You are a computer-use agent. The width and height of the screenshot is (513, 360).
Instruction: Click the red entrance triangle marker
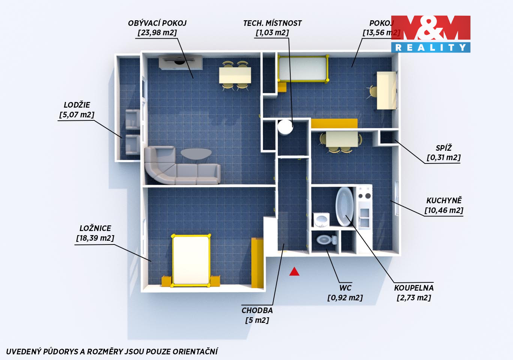pos(294,271)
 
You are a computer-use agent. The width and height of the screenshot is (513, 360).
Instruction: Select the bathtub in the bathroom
pos(344,207)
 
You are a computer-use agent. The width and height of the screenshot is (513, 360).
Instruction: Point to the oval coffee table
pos(196,154)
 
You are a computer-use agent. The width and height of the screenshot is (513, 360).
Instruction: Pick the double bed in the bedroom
pos(191,260)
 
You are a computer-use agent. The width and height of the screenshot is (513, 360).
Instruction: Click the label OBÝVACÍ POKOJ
pos(157,23)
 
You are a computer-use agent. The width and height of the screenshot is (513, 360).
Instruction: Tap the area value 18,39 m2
pos(95,238)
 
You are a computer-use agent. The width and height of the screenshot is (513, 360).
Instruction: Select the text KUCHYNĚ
pos(444,200)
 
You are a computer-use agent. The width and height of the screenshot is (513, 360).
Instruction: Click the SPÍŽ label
pos(444,148)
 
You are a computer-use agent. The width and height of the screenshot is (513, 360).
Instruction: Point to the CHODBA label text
pos(257,310)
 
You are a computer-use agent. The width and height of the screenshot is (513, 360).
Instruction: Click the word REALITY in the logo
pos(430,48)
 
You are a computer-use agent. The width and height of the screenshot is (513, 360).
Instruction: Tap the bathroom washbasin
pos(321,220)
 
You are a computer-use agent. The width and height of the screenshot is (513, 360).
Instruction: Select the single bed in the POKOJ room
pos(304,69)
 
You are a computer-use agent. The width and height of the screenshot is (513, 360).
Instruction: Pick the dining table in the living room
pos(235,75)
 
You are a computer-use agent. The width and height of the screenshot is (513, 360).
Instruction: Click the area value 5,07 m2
pos(77,114)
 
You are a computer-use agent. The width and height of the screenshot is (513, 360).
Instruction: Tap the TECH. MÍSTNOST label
pos(272,23)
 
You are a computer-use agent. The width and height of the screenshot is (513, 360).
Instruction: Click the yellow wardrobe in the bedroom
pos(257,262)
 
